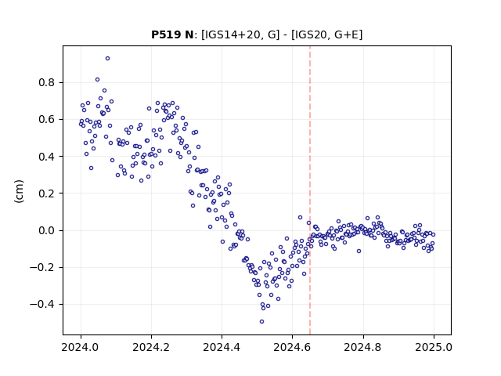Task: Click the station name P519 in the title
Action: (x=164, y=34)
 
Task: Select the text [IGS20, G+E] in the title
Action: (x=327, y=34)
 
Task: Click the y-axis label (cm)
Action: (x=19, y=191)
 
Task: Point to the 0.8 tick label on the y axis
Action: (x=47, y=82)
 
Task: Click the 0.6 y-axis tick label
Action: (x=47, y=120)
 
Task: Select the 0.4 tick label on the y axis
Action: (x=47, y=157)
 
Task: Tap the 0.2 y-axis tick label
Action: (x=47, y=193)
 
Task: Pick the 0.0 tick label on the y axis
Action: (x=47, y=230)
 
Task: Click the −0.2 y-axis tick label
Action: (x=42, y=268)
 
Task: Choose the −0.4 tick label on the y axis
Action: (x=42, y=305)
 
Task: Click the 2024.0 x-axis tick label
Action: (x=81, y=347)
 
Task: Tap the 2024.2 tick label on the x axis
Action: (x=151, y=347)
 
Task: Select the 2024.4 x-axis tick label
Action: (x=222, y=347)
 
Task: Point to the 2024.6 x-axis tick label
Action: (x=292, y=347)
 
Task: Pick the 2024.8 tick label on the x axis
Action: (x=363, y=347)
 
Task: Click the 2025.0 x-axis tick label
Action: (x=434, y=347)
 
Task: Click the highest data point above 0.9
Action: (x=108, y=59)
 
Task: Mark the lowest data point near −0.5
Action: (x=261, y=322)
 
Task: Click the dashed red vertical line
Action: (x=310, y=190)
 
